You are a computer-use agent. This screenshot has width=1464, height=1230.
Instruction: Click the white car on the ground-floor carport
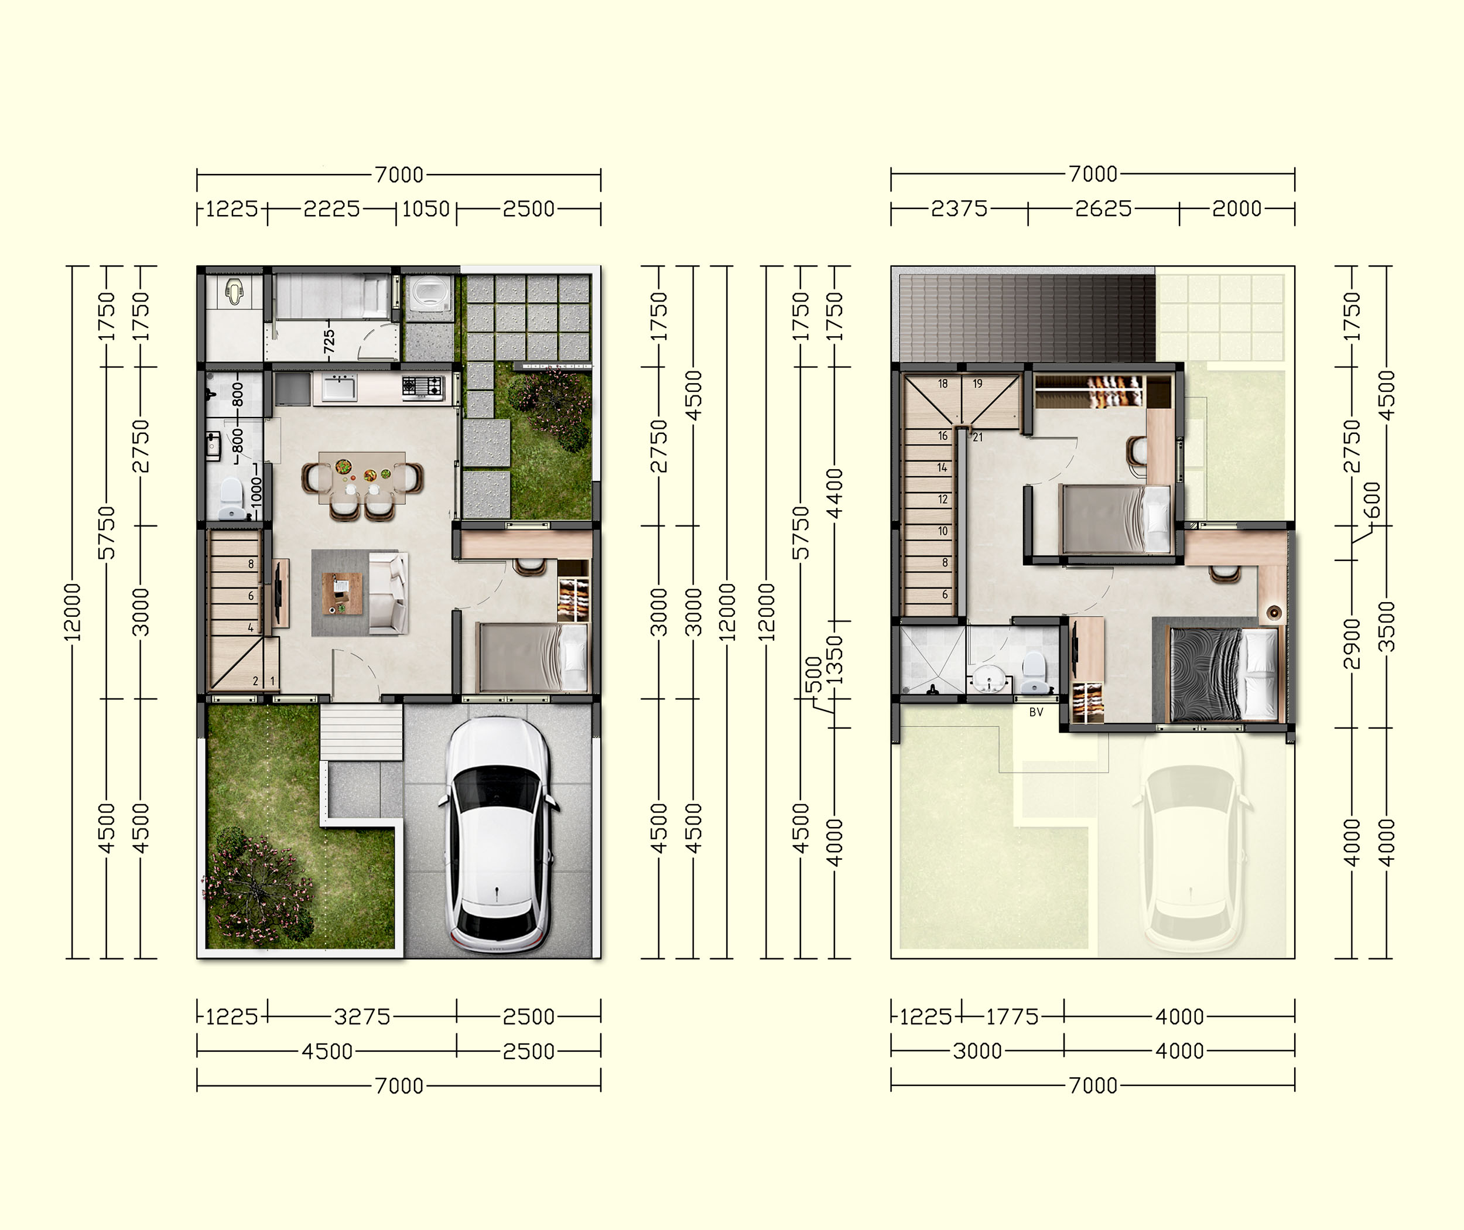coord(498,834)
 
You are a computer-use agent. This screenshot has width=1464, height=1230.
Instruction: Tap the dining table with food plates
coord(362,477)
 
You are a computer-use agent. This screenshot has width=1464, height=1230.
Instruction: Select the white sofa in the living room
coord(388,593)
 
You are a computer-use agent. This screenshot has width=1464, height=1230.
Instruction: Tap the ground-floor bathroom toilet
coord(231,498)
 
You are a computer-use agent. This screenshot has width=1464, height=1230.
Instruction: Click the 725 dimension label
coord(329,341)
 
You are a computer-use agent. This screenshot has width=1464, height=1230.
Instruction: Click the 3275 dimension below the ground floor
coord(362,1017)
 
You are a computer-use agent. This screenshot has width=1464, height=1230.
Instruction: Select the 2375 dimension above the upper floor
coord(959,209)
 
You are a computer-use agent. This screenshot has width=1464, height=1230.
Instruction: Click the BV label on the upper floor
coord(1036,712)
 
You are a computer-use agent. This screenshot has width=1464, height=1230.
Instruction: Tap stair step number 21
coord(977,437)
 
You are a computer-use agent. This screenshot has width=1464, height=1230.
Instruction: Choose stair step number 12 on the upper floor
coord(943,499)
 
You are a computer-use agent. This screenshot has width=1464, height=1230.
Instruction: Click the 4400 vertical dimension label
coord(834,493)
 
